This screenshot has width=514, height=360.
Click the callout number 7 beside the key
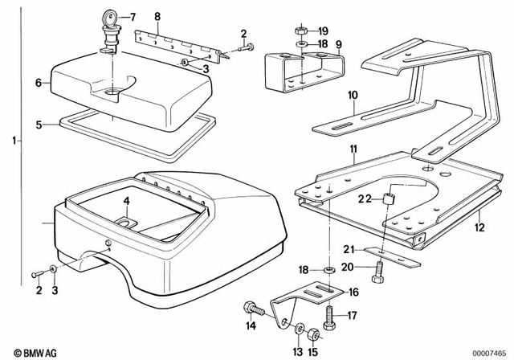click(133, 17)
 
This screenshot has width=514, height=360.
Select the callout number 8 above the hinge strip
click(157, 16)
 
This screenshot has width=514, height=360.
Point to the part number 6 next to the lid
click(37, 82)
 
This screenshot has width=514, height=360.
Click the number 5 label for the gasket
click(37, 125)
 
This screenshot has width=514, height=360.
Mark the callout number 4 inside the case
click(125, 201)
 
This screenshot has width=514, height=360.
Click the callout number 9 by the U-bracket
click(338, 43)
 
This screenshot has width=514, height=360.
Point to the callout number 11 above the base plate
click(351, 151)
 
